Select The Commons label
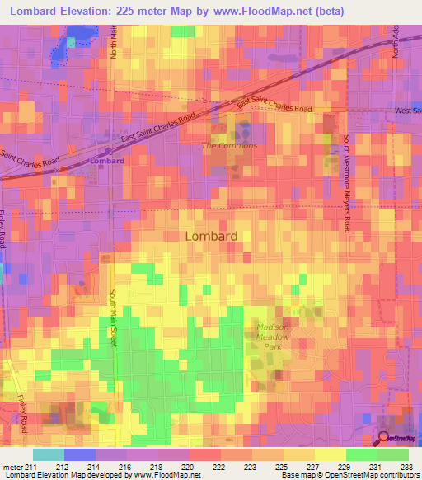(230, 146)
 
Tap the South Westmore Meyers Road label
(348, 183)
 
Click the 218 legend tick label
(155, 467)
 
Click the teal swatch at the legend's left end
(48, 454)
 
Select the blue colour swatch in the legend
(79, 454)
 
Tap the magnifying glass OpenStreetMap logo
(385, 439)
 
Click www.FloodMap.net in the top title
(263, 11)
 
